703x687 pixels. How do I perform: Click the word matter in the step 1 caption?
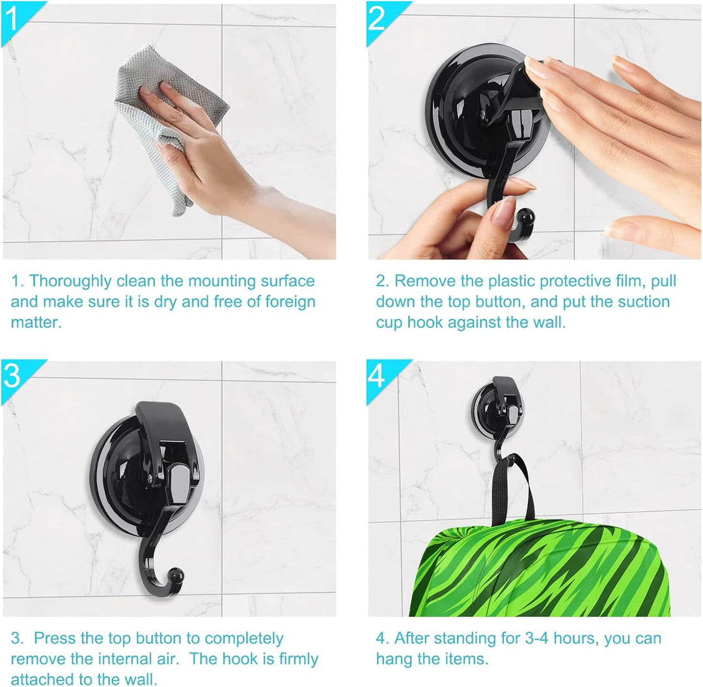[35, 322]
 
